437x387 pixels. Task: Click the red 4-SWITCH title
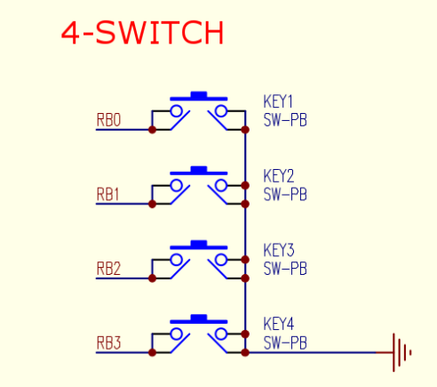click(x=142, y=33)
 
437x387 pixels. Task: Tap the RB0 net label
click(x=108, y=120)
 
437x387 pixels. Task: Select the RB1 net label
click(x=107, y=195)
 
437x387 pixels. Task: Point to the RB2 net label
click(x=108, y=269)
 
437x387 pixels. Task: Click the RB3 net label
click(x=108, y=343)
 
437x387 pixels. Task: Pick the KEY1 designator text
click(x=278, y=101)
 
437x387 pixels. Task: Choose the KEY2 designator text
click(x=279, y=176)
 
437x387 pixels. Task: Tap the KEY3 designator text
click(x=279, y=250)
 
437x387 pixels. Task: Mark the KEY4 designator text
click(x=279, y=324)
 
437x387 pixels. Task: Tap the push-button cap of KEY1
click(x=199, y=96)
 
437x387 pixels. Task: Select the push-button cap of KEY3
click(x=199, y=245)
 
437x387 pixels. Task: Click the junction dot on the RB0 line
click(x=152, y=130)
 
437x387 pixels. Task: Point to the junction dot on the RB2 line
click(x=152, y=278)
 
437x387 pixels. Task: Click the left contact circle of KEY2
click(x=177, y=186)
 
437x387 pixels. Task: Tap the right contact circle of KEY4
click(x=221, y=335)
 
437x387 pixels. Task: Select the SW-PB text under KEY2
click(x=285, y=195)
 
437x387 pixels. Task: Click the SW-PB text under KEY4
click(x=285, y=343)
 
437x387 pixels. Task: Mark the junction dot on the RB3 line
click(x=152, y=352)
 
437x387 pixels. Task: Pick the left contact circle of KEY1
click(x=177, y=111)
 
